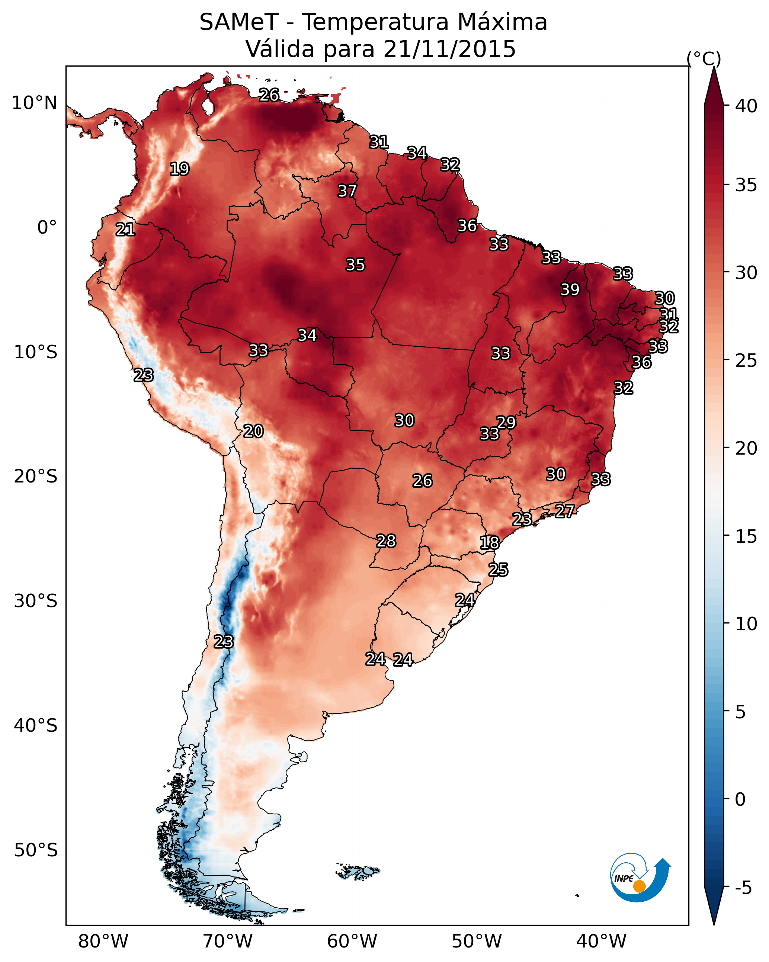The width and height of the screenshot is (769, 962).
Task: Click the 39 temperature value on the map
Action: coord(570,289)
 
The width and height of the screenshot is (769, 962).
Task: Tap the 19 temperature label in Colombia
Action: coord(179,169)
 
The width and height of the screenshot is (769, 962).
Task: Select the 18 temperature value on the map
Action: coord(489,543)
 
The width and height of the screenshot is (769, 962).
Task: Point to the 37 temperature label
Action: coord(347,191)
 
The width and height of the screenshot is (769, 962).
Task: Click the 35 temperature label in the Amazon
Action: coord(355,264)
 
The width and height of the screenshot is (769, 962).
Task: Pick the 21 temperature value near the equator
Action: coord(125,230)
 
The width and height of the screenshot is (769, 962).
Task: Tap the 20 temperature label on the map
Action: coord(253,431)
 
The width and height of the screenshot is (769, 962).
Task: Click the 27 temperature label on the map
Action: coord(565,511)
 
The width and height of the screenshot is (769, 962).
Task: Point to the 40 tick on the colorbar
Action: coord(746,106)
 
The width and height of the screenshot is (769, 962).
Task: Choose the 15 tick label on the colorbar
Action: coord(746,536)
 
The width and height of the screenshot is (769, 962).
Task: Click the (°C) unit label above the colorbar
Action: coord(704,58)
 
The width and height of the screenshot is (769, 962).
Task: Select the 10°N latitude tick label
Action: coord(34,103)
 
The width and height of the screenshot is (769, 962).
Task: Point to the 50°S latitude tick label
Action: coord(36,850)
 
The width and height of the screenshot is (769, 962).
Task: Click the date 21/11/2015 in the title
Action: coord(449,49)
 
